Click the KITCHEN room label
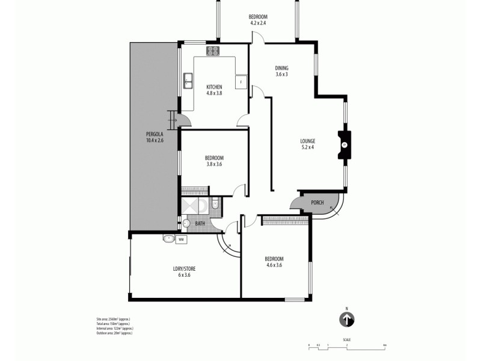pyautogui.click(x=214, y=85)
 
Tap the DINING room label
pyautogui.click(x=281, y=68)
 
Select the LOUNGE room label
pyautogui.click(x=308, y=141)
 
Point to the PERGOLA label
pyautogui.click(x=154, y=134)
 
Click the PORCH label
pyautogui.click(x=317, y=203)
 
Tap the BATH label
pyautogui.click(x=200, y=224)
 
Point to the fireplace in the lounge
pyautogui.click(x=345, y=145)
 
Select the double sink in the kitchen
pyautogui.click(x=188, y=80)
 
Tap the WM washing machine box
pyautogui.click(x=181, y=239)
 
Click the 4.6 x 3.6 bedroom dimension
pyautogui.click(x=274, y=265)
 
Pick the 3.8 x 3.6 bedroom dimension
pyautogui.click(x=214, y=164)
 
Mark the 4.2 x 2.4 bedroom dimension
pyautogui.click(x=258, y=23)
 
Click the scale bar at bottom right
pyautogui.click(x=346, y=345)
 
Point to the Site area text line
pyautogui.click(x=109, y=318)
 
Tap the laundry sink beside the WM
pyautogui.click(x=168, y=239)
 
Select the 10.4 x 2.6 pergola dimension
pyautogui.click(x=155, y=140)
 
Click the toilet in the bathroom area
pyautogui.click(x=215, y=204)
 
